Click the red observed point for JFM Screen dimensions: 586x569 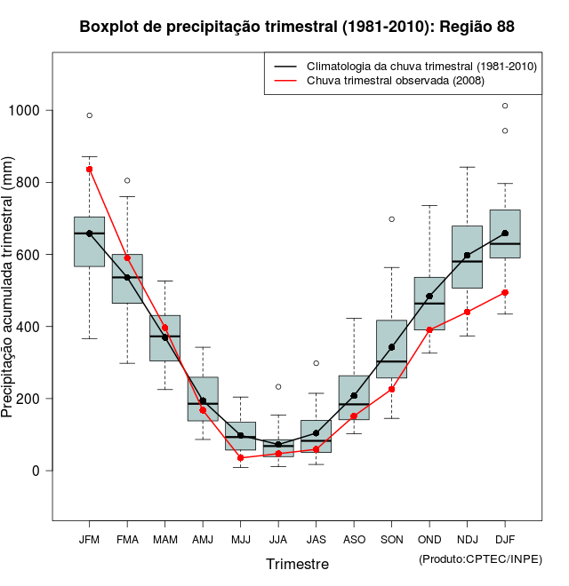point(89,169)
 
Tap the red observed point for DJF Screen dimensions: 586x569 point(505,292)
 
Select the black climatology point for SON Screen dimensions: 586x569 point(391,347)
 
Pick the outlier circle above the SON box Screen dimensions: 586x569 point(391,219)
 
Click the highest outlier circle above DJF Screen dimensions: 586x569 point(505,106)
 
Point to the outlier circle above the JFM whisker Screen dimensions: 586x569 point(89,115)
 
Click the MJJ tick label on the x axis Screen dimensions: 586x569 point(240,539)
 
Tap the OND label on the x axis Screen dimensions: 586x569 point(429,539)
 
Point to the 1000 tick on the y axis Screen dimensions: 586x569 point(26,110)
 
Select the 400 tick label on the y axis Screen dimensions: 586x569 point(29,327)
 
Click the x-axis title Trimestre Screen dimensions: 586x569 point(297,564)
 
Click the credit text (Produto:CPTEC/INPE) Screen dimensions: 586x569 point(480,558)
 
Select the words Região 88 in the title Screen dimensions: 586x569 point(475,27)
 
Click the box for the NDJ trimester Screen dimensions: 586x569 point(467,257)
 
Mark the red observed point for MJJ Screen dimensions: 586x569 point(240,458)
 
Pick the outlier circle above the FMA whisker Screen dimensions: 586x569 point(127,181)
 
